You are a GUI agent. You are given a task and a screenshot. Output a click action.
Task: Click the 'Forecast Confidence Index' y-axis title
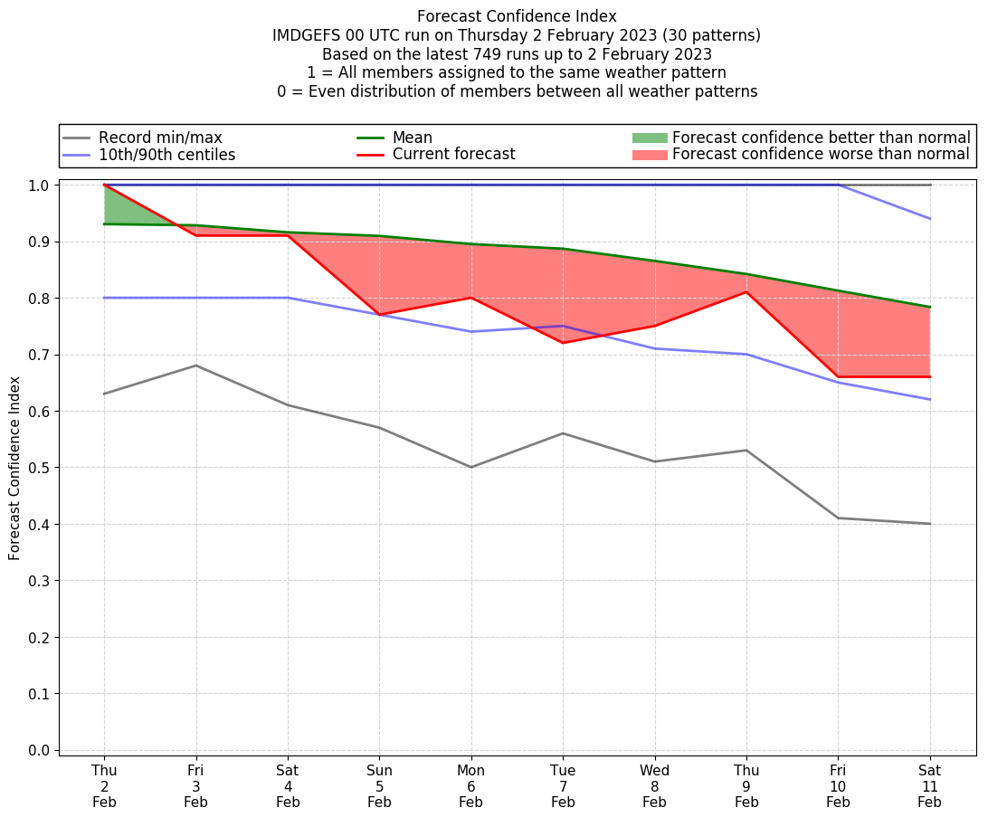[14, 468]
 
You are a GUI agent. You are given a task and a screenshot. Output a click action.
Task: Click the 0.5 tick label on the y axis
[39, 468]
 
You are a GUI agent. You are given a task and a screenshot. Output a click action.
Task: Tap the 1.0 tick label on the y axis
[39, 185]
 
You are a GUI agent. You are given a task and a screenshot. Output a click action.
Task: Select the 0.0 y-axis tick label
[39, 750]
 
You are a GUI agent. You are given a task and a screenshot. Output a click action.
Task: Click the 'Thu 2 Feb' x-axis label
[104, 786]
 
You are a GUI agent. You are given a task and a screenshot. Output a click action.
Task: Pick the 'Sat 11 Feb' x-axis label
[929, 786]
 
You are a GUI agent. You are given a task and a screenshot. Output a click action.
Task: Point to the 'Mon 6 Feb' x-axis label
[470, 786]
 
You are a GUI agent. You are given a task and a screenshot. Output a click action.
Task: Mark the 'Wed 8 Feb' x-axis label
[654, 786]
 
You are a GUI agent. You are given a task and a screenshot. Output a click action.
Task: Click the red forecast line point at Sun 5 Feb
[379, 315]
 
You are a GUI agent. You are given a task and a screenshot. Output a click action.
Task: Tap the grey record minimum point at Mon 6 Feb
[470, 467]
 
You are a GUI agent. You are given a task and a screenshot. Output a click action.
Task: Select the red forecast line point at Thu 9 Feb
[746, 292]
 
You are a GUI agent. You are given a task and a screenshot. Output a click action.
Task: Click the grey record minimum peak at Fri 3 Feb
[195, 366]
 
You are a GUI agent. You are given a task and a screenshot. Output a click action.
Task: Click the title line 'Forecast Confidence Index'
[517, 16]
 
